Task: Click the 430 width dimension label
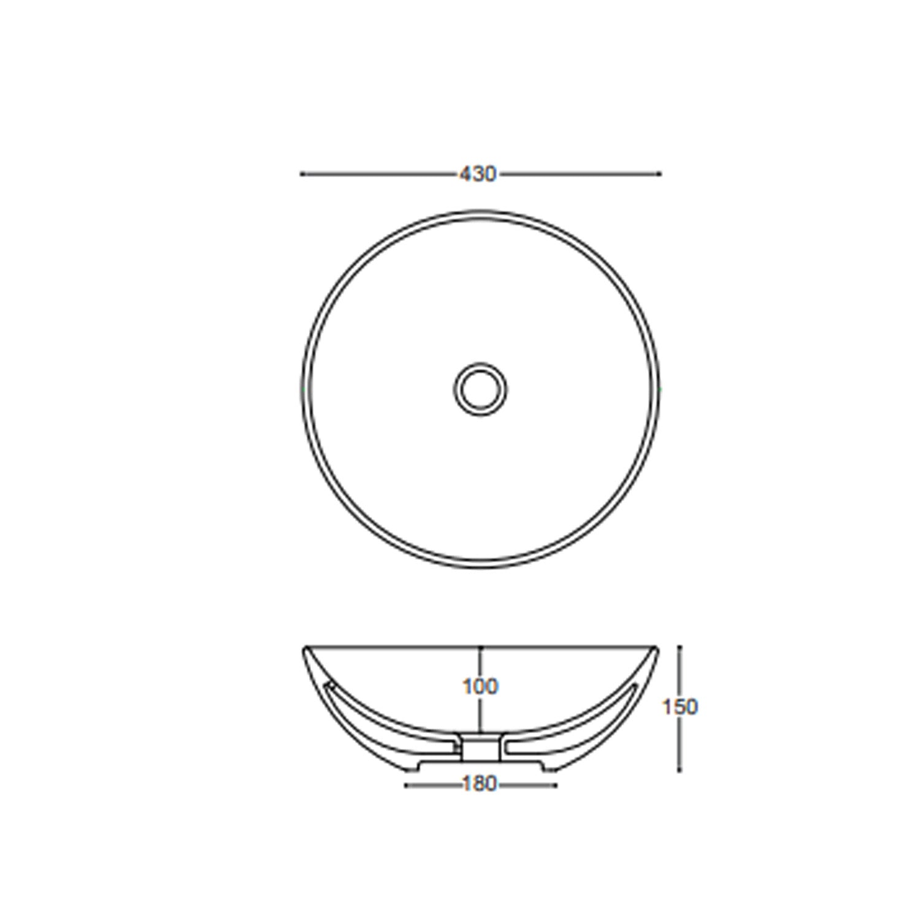point(478,175)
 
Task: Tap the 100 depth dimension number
point(480,687)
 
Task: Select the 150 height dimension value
point(680,707)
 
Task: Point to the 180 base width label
point(480,784)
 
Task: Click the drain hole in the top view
point(481,388)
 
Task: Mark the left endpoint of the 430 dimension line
point(301,174)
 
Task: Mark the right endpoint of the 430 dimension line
point(659,174)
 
